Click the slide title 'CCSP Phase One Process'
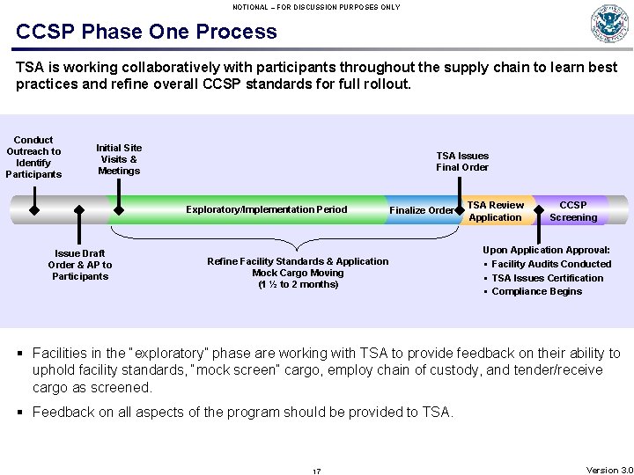(x=146, y=33)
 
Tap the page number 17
(x=316, y=471)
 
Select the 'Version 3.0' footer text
(x=608, y=471)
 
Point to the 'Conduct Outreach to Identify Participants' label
(x=33, y=157)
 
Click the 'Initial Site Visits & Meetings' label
(x=119, y=159)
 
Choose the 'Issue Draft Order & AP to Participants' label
(x=80, y=265)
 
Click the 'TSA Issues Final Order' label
(x=462, y=162)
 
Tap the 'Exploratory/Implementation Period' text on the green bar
(x=266, y=210)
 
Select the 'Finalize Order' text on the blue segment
(x=421, y=210)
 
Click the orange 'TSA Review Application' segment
(x=495, y=211)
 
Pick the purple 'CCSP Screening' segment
(x=573, y=211)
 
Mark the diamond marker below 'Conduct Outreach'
(x=33, y=210)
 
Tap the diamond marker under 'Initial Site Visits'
(x=119, y=210)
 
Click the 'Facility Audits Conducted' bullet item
(x=550, y=264)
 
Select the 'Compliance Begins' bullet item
(x=536, y=291)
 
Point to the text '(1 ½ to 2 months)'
(x=298, y=284)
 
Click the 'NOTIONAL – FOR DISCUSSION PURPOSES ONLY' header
(x=316, y=7)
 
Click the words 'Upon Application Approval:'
(x=546, y=251)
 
